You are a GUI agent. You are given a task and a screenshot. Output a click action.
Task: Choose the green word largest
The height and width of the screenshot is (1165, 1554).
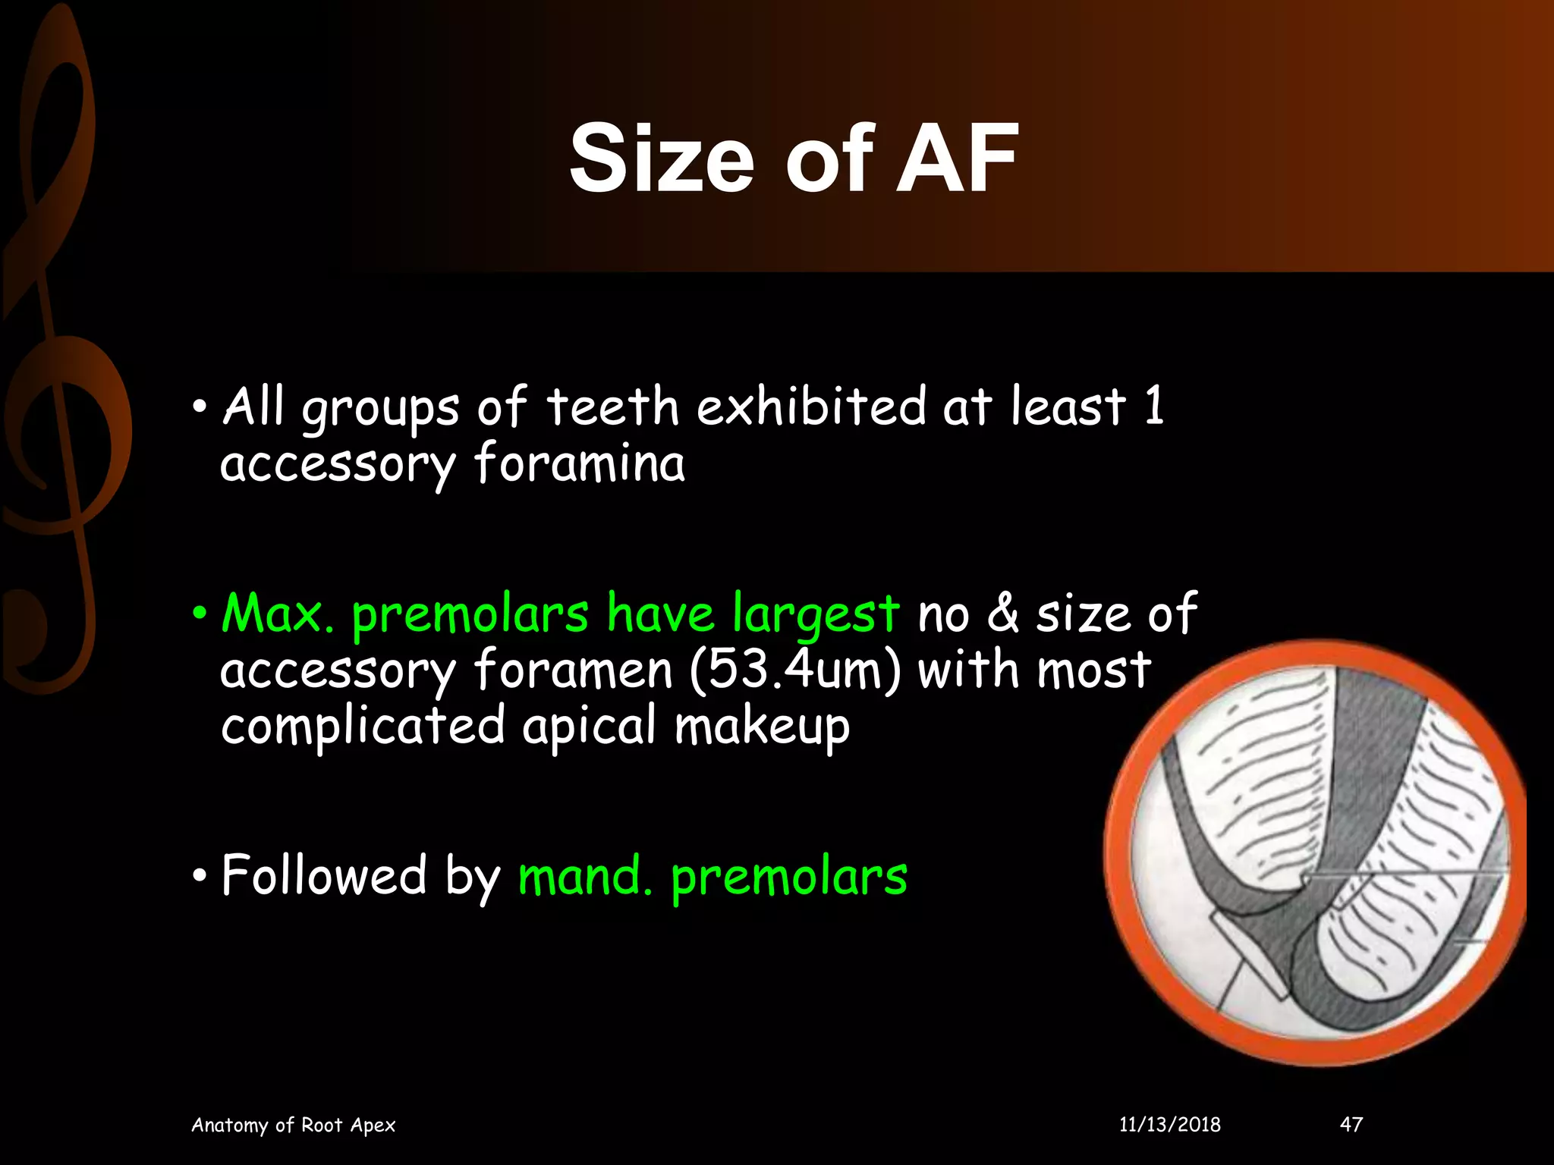(x=816, y=614)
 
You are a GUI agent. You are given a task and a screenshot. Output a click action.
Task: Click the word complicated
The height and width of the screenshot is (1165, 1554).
(x=363, y=727)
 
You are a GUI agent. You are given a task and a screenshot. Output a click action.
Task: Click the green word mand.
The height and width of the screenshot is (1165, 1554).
(x=584, y=876)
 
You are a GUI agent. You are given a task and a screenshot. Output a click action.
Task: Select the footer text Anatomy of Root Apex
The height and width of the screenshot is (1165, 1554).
(x=293, y=1124)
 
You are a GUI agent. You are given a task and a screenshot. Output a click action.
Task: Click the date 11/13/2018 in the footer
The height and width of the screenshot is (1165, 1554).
(x=1170, y=1124)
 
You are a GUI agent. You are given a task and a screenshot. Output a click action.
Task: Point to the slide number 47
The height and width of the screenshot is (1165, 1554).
(x=1351, y=1124)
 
